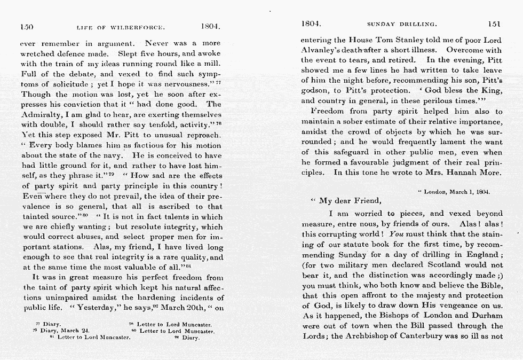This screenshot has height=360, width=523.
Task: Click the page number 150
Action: (27, 26)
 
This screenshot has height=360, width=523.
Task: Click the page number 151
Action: (495, 24)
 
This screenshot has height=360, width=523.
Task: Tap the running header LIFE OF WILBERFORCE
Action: (120, 26)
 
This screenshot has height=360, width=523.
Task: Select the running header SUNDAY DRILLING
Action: (402, 25)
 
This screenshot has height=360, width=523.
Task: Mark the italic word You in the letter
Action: (397, 234)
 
